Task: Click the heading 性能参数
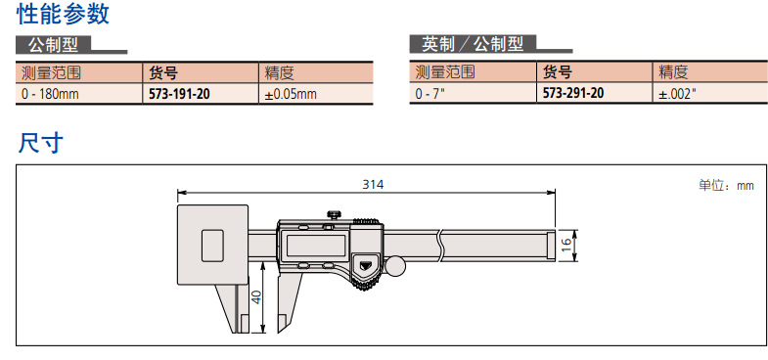(x=64, y=14)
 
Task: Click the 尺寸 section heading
(x=41, y=143)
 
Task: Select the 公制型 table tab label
(x=54, y=45)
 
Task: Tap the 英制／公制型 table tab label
(x=473, y=45)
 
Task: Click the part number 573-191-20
(x=179, y=94)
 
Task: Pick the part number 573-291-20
(x=573, y=93)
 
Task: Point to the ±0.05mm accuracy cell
(x=291, y=94)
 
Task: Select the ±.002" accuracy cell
(x=677, y=94)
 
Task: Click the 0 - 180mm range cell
(x=50, y=94)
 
